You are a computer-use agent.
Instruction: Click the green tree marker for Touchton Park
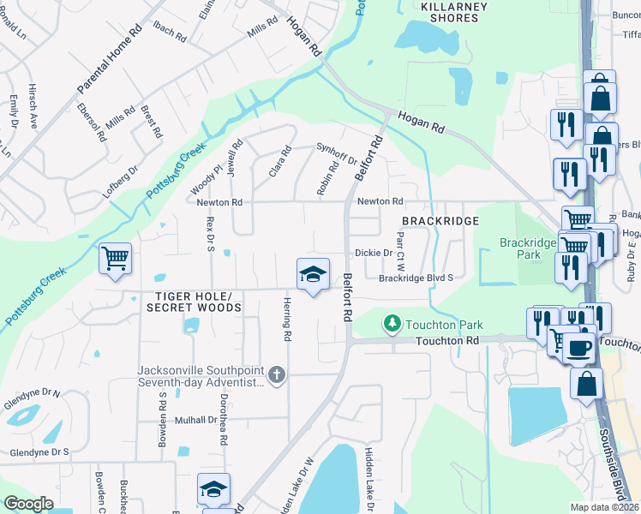(x=392, y=324)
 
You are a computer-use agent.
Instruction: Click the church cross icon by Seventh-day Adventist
(x=276, y=374)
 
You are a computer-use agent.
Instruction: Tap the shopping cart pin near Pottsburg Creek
(x=116, y=258)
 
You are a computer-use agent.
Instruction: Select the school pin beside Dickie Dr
(x=313, y=274)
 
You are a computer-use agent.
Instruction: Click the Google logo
(x=28, y=504)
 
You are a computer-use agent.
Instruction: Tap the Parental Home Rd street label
(x=110, y=59)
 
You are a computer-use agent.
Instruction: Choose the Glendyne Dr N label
(x=30, y=393)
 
